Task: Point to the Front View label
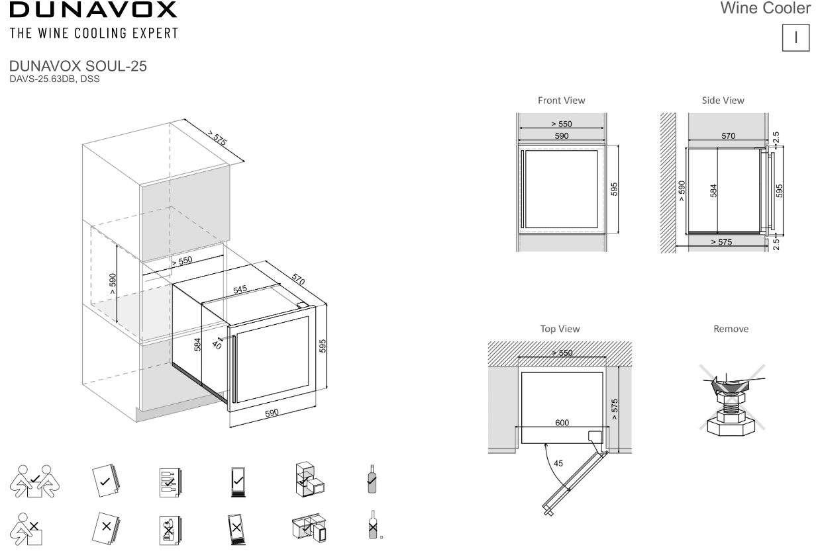click(561, 101)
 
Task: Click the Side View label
click(723, 101)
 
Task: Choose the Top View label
click(560, 329)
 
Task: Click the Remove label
click(731, 329)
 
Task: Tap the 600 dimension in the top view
click(561, 422)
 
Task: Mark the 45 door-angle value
click(558, 463)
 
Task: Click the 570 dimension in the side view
click(727, 135)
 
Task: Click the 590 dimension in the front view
click(561, 135)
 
